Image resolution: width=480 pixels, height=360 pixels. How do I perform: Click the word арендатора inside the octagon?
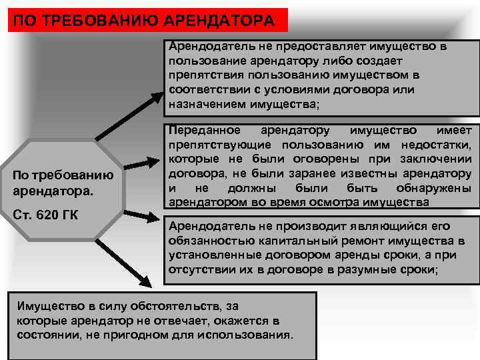(x=51, y=191)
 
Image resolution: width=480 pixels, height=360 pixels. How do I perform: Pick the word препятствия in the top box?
(x=201, y=75)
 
